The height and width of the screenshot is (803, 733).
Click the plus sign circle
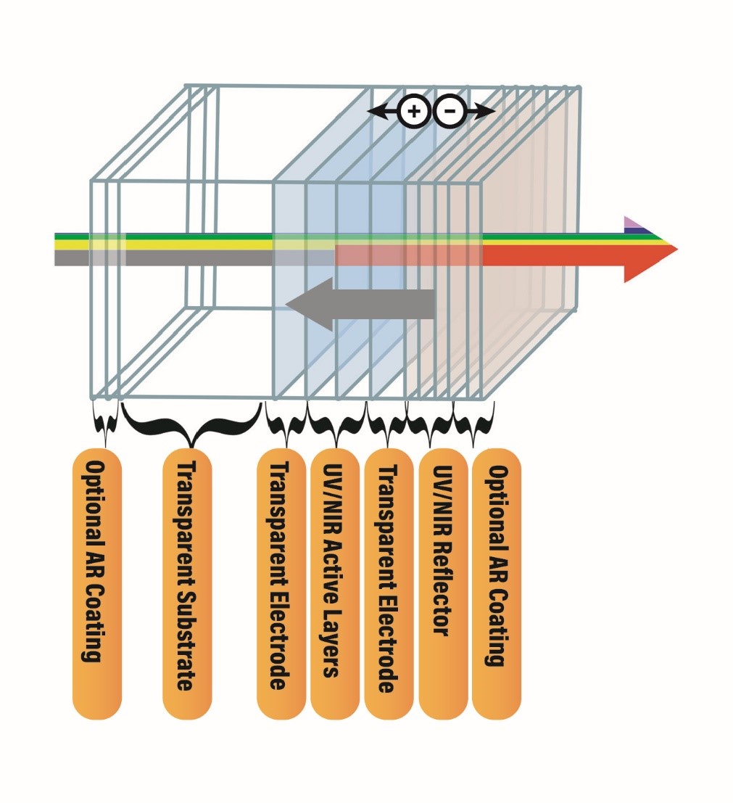click(x=414, y=112)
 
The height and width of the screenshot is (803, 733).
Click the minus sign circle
click(x=450, y=112)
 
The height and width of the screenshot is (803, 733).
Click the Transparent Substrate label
click(x=187, y=583)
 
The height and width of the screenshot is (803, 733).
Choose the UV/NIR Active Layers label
click(x=335, y=583)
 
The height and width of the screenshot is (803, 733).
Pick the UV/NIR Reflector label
click(x=443, y=583)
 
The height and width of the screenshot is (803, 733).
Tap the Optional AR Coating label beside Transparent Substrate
click(x=97, y=583)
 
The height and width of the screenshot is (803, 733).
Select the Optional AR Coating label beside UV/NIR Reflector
click(x=496, y=583)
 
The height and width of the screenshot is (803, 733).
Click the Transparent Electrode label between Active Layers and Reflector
click(x=388, y=583)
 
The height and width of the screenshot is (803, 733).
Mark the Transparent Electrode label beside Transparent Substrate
click(x=281, y=583)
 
